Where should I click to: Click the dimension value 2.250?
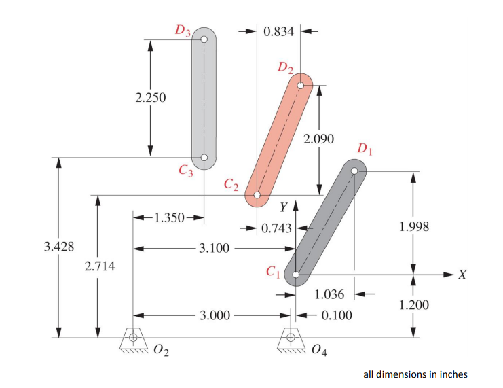[149, 98]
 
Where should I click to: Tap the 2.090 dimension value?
[318, 139]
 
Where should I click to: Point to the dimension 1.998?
[413, 226]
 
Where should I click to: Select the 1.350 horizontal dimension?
[169, 218]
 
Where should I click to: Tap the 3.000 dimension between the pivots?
[214, 315]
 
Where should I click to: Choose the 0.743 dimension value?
[276, 229]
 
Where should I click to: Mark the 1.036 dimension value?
[331, 295]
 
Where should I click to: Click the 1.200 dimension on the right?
[413, 305]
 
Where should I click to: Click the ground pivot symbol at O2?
[133, 338]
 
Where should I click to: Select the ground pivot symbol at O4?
[292, 338]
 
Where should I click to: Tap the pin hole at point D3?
[204, 39]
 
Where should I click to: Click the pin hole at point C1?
[296, 275]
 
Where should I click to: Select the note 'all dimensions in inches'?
[415, 374]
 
